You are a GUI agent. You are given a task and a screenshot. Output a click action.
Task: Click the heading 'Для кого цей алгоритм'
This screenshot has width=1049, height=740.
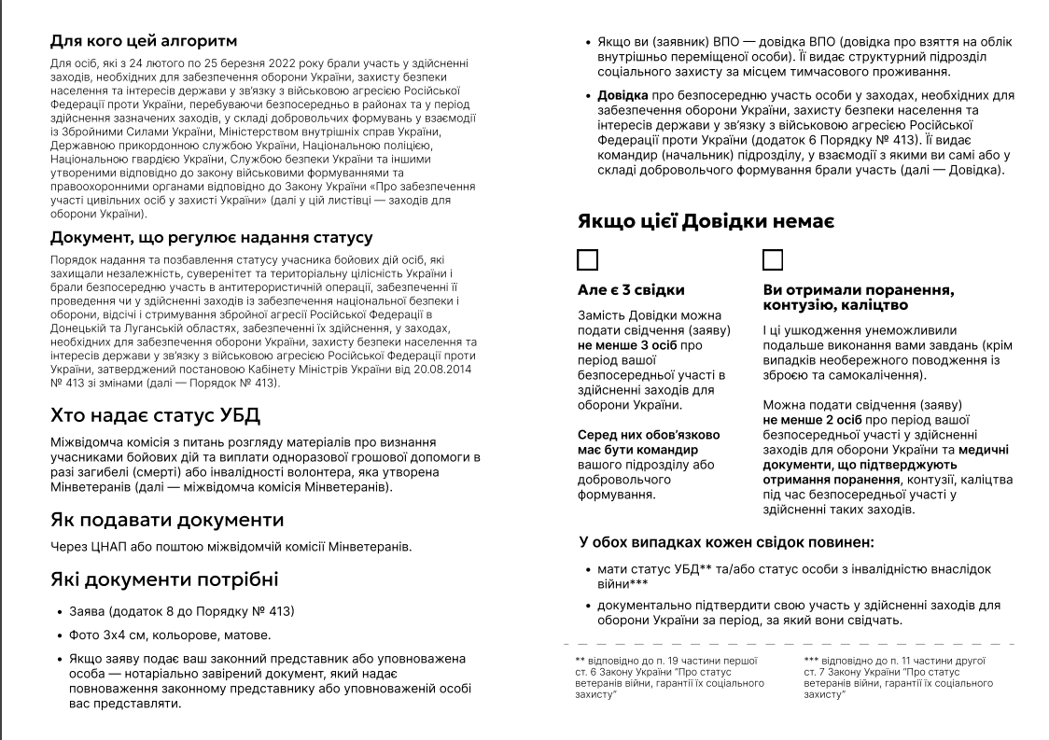(x=144, y=41)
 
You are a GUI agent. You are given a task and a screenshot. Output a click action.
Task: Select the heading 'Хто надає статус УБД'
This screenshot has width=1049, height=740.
(x=155, y=415)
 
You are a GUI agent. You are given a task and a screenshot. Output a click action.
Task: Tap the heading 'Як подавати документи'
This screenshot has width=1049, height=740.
(x=167, y=520)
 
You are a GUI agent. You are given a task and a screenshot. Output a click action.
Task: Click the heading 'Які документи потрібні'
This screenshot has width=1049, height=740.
(x=164, y=579)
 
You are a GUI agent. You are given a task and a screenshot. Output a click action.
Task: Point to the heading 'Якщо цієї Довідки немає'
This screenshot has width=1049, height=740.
(x=706, y=221)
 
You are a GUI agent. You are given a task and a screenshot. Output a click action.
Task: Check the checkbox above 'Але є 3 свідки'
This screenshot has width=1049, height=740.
(x=588, y=259)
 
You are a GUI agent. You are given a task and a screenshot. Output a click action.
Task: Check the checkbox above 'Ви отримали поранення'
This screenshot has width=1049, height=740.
(x=773, y=259)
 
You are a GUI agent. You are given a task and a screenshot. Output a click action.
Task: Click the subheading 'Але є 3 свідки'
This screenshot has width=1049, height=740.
(x=631, y=290)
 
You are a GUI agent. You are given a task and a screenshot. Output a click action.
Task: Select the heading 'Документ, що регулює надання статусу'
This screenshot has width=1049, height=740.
(x=212, y=238)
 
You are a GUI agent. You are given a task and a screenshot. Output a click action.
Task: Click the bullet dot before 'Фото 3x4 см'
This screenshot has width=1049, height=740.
(x=58, y=635)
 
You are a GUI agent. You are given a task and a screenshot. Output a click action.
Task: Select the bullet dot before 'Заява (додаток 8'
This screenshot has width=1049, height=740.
(x=58, y=612)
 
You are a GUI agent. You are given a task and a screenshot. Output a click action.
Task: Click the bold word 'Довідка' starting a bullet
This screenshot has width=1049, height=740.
(x=623, y=95)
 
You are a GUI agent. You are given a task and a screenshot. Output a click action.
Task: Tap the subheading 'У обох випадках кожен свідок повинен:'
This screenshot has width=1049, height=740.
(x=726, y=541)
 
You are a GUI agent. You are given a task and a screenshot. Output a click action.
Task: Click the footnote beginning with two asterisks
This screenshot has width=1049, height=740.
(x=669, y=677)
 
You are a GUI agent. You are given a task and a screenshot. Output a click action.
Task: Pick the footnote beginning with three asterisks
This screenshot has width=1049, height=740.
(x=898, y=677)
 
